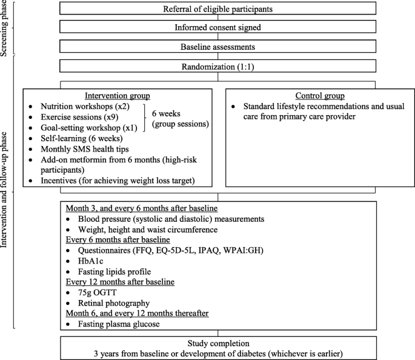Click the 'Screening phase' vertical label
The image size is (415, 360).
click(7, 28)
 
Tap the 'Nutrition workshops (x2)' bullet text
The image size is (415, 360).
click(80, 107)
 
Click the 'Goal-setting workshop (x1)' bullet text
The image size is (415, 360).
click(85, 128)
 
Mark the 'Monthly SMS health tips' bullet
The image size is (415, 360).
click(81, 149)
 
